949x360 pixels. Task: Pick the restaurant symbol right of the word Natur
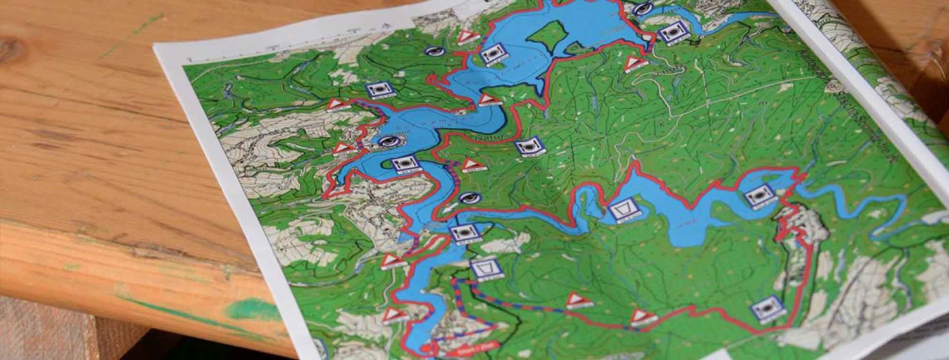(x=530, y=146)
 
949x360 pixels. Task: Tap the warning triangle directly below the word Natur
(x=473, y=165)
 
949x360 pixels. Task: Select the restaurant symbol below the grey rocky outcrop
(x=769, y=308)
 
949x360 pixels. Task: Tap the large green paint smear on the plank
(x=253, y=309)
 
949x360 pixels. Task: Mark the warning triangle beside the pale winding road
(x=636, y=63)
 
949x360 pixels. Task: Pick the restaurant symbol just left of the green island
(x=494, y=54)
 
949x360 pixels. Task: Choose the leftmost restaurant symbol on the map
(x=380, y=90)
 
